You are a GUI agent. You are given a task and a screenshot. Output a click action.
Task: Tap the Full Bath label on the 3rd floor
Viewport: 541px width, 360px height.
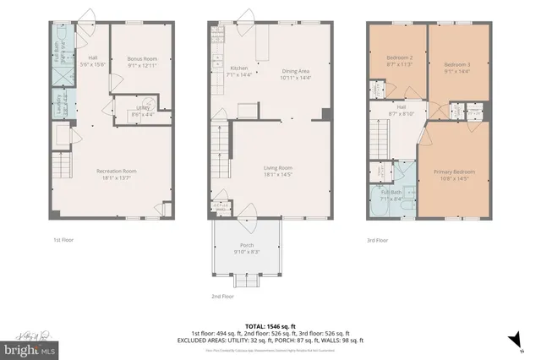(x=391, y=195)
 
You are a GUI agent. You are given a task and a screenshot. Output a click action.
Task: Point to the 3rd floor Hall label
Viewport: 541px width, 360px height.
(x=402, y=110)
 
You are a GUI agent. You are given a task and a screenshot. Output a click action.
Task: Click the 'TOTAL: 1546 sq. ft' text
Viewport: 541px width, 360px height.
(x=270, y=325)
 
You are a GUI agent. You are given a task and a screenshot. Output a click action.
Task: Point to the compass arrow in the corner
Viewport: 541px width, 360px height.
(x=511, y=340)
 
